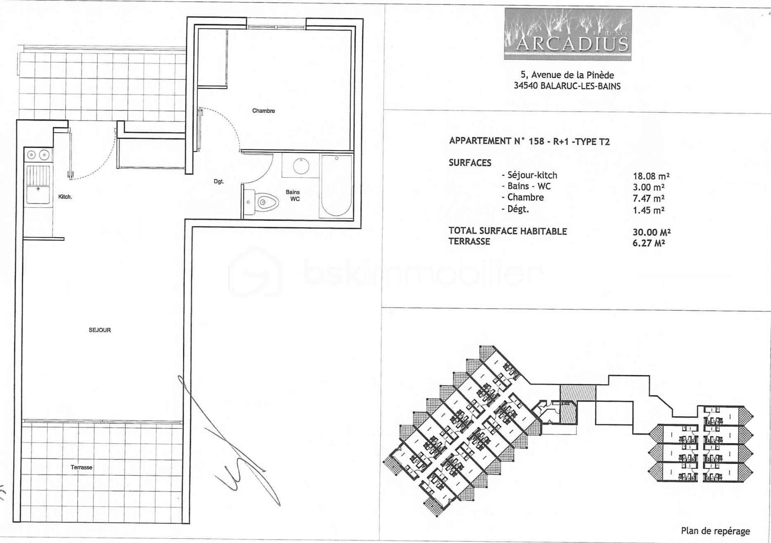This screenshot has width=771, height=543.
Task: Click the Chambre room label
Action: click(x=263, y=111)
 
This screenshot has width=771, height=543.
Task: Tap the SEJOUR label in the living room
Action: click(x=100, y=330)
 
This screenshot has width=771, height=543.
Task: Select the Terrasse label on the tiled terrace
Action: click(x=81, y=467)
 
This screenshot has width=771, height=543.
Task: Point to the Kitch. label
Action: click(x=65, y=197)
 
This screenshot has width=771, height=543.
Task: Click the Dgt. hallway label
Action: click(x=219, y=181)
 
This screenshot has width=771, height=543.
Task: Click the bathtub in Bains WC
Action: click(x=337, y=186)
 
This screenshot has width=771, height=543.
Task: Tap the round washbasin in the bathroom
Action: click(x=301, y=166)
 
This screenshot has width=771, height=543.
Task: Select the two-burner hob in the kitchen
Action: click(x=38, y=155)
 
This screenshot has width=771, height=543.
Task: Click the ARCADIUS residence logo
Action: click(x=568, y=35)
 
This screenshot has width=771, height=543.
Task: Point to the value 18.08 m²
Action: click(x=651, y=176)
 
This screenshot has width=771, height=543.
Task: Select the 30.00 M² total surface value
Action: click(x=651, y=232)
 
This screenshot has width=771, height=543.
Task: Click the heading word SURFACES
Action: click(x=470, y=163)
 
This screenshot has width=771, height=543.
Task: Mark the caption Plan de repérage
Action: click(x=715, y=531)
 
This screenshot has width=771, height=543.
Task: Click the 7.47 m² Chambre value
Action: click(x=648, y=198)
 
